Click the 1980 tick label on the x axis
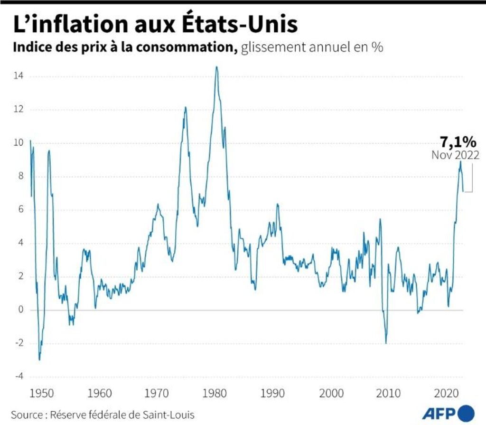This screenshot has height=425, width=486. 216,394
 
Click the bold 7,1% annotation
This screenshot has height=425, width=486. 457,142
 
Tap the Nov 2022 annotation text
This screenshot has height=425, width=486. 455,155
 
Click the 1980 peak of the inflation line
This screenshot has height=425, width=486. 216,67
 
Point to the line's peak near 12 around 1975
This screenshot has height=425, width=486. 185,107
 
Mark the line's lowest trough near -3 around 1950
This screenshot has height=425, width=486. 39,360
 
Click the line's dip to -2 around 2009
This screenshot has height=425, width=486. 386,343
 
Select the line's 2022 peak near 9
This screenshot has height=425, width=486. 460,161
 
